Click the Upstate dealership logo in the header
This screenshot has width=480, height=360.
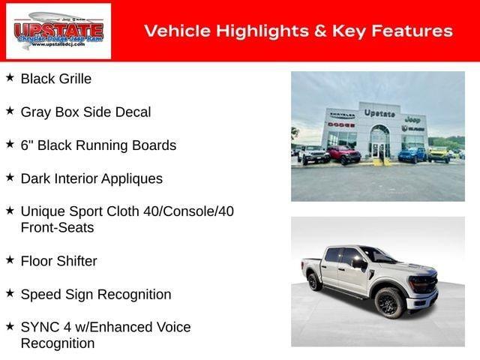click(x=58, y=31)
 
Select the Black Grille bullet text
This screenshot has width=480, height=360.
click(x=56, y=79)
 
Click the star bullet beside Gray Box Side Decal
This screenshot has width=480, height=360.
click(x=10, y=111)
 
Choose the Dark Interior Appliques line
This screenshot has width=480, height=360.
click(x=91, y=178)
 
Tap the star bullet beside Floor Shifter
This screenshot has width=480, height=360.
click(x=10, y=260)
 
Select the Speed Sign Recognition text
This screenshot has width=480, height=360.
click(x=96, y=294)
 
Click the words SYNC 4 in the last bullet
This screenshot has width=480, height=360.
click(x=43, y=327)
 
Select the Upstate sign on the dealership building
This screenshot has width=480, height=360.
click(x=379, y=113)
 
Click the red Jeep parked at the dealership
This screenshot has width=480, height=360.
click(x=343, y=154)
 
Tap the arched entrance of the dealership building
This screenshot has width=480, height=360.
click(x=379, y=140)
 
